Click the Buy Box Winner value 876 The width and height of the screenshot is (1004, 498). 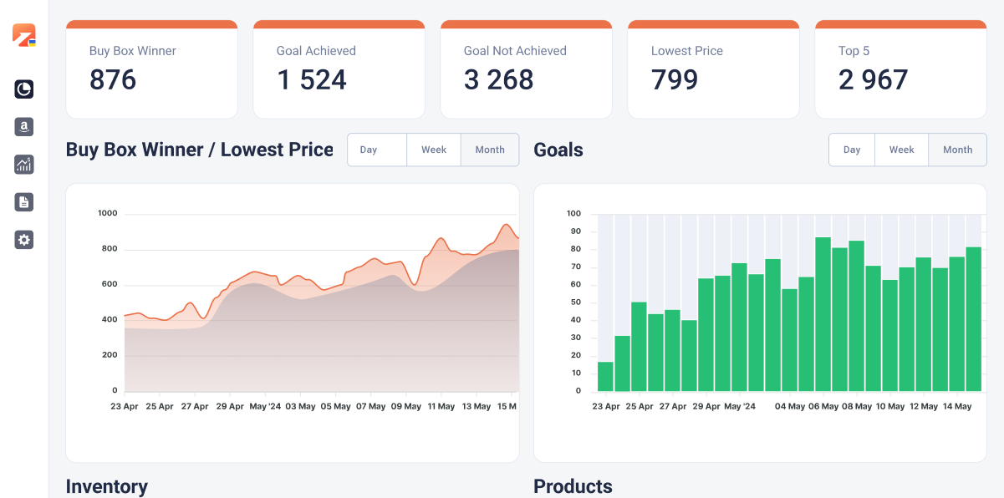point(113,80)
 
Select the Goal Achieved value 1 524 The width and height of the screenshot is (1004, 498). point(312,80)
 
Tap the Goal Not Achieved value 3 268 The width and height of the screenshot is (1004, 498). point(499,80)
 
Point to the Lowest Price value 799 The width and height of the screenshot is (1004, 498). point(675,80)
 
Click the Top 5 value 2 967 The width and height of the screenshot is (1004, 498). point(873,80)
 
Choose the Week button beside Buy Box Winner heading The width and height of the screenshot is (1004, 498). point(434,150)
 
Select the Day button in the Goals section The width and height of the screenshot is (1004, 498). point(852,150)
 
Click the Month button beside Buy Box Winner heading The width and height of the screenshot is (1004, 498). point(490,150)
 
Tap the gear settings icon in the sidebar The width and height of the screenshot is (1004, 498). point(24,240)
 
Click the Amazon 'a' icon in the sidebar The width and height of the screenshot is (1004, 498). point(24,127)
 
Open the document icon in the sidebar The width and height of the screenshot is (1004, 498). point(24,201)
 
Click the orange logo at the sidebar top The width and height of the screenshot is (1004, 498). point(23,35)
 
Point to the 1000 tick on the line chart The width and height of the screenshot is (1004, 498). point(108,214)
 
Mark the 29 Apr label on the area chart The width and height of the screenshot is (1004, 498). point(230,407)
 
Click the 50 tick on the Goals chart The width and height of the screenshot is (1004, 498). point(573,320)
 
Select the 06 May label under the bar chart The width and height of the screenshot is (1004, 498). point(823,407)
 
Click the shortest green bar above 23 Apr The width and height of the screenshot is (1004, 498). point(606,377)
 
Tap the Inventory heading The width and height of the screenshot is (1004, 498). point(107,486)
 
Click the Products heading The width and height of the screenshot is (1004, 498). point(573,486)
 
